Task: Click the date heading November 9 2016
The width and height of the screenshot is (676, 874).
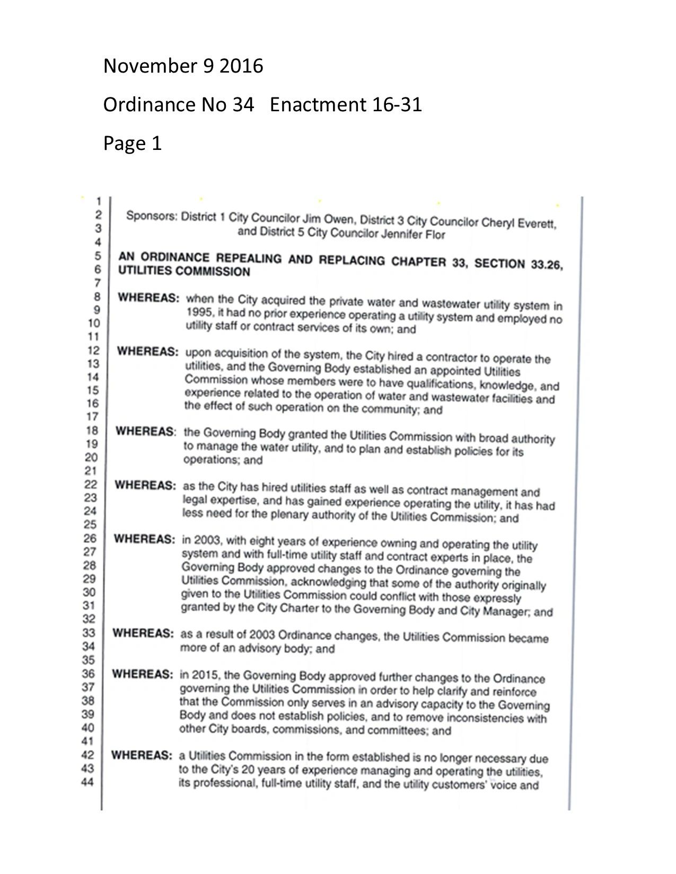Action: [x=183, y=66]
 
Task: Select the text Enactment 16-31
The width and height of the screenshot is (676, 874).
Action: [x=346, y=105]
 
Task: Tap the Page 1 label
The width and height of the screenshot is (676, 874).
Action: [x=132, y=144]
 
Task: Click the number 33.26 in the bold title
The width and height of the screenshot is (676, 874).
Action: [x=546, y=265]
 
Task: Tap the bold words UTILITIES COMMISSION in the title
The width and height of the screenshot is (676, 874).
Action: [x=183, y=272]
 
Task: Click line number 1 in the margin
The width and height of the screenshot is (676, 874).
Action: [x=97, y=201]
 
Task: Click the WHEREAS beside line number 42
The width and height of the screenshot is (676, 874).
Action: [x=141, y=755]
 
